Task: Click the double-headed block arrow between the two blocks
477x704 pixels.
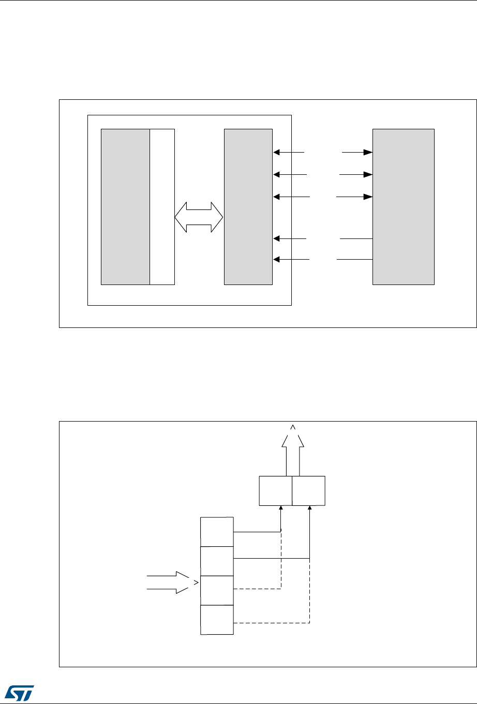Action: click(x=199, y=218)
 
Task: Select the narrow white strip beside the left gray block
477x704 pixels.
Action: click(x=162, y=207)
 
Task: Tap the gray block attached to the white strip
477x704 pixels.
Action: click(x=125, y=207)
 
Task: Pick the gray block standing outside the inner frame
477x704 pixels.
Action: click(x=404, y=207)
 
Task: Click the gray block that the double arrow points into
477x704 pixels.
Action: click(x=248, y=207)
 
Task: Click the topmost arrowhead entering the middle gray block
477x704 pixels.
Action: click(x=276, y=153)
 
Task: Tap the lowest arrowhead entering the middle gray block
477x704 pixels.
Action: click(x=276, y=259)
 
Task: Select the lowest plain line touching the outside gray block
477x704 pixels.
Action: click(x=354, y=259)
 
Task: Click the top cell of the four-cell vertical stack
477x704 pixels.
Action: click(x=217, y=531)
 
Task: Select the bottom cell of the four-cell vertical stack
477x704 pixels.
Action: click(x=217, y=620)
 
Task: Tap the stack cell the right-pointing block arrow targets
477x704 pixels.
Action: click(x=217, y=590)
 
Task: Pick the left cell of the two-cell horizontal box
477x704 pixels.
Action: click(x=275, y=490)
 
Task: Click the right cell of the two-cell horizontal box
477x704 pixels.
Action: click(x=309, y=490)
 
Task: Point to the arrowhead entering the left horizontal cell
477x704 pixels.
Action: click(x=280, y=508)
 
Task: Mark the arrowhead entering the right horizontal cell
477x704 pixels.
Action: click(x=309, y=508)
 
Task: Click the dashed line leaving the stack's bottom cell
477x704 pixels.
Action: click(x=272, y=622)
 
